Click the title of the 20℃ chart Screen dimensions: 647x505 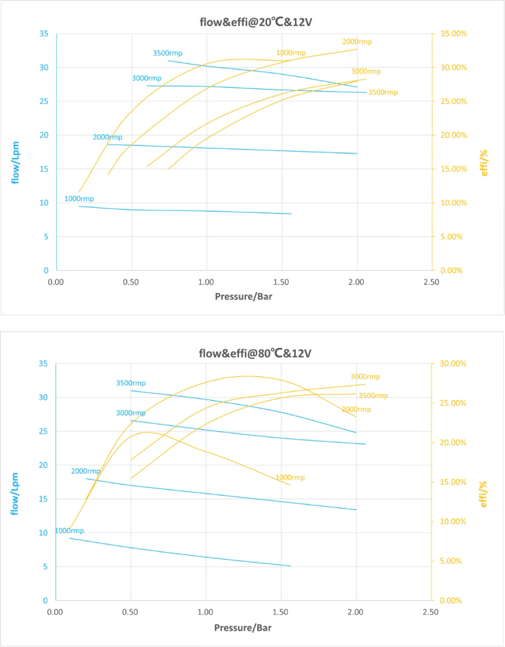coord(252,22)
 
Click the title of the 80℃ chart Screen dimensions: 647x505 coord(255,353)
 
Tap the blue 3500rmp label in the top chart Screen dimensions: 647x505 coord(168,53)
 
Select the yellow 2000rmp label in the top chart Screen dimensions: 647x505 coord(357,42)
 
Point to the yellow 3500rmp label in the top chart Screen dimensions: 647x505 coord(383,92)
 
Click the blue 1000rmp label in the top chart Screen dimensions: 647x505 coord(79,199)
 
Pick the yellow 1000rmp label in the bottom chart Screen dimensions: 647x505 coord(290,478)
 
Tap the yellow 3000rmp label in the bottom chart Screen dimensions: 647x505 coord(365,377)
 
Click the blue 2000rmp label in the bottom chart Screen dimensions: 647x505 coord(86,471)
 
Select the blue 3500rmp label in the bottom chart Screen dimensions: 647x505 coord(131,383)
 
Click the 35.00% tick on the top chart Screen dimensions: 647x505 coord(453,34)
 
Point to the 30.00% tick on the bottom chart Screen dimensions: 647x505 coord(453,364)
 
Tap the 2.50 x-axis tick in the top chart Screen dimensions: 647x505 coord(431,282)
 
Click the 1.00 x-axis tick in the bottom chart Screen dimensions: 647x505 coord(205,612)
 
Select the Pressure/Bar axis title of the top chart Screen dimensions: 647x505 coord(243,297)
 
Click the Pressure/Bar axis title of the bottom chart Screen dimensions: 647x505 coord(243,628)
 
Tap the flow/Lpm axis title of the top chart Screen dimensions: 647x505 coord(15,163)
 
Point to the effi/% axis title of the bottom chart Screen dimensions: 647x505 coord(484,493)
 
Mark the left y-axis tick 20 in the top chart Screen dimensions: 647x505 coord(44,135)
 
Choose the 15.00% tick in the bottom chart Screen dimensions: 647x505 coord(453,482)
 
